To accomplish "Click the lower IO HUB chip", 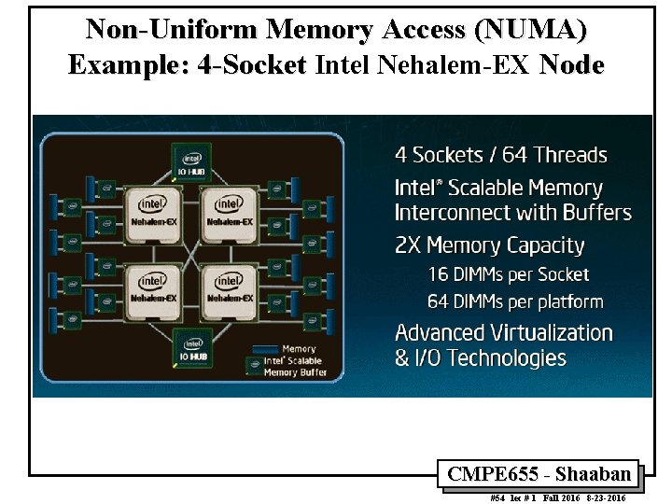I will pyautogui.click(x=193, y=346).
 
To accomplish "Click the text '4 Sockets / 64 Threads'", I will pyautogui.click(x=500, y=155).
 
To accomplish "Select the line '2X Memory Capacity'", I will pyautogui.click(x=489, y=246).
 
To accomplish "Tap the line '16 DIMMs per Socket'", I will pyautogui.click(x=508, y=274).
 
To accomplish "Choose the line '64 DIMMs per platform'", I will pyautogui.click(x=515, y=302).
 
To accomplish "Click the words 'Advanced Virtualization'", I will pyautogui.click(x=503, y=333).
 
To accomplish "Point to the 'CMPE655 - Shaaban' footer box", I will pyautogui.click(x=539, y=474).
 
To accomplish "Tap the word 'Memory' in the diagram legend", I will pyautogui.click(x=299, y=349).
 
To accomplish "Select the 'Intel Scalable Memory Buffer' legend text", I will pyautogui.click(x=293, y=367).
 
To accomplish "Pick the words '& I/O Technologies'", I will pyautogui.click(x=480, y=358).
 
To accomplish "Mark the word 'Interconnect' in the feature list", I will pyautogui.click(x=452, y=213).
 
